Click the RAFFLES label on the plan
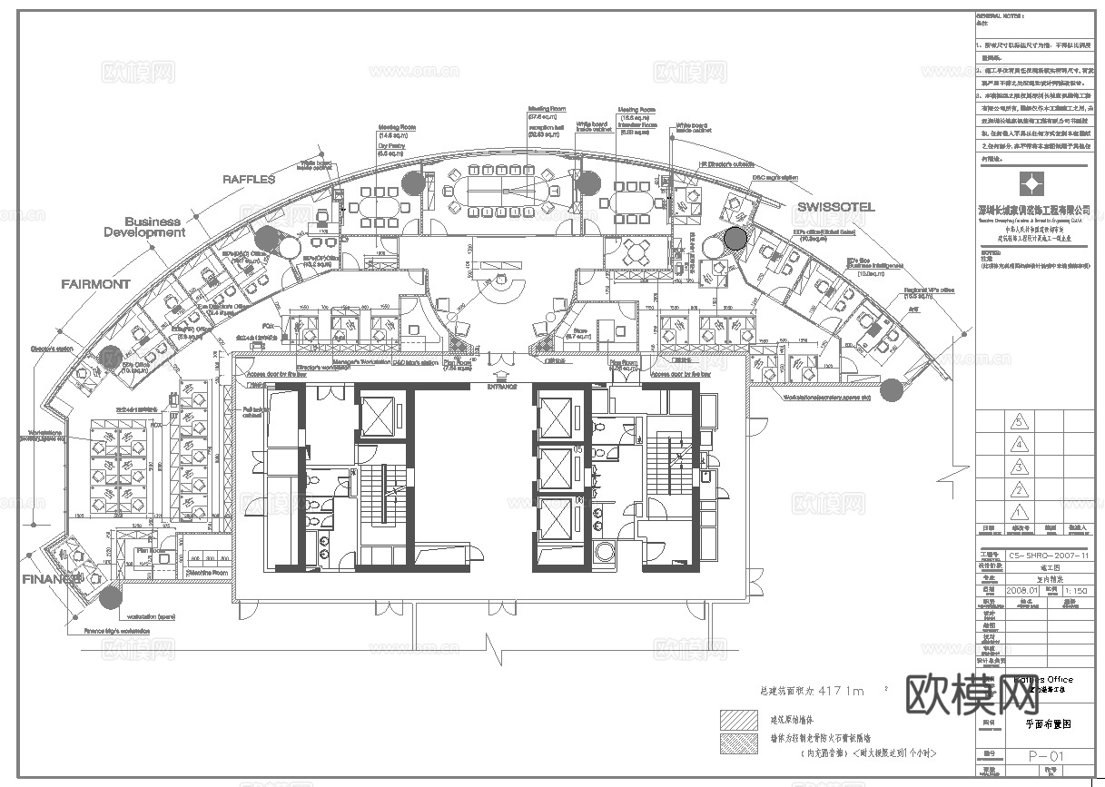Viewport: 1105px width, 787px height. pyautogui.click(x=249, y=180)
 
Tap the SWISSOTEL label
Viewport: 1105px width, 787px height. pyautogui.click(x=835, y=207)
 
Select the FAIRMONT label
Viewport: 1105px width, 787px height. pyautogui.click(x=95, y=284)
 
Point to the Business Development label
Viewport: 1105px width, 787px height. pyautogui.click(x=143, y=227)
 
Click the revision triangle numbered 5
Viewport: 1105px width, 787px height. pyautogui.click(x=1021, y=422)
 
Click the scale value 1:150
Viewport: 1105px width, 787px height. pyautogui.click(x=1073, y=590)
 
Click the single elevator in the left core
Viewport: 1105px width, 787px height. pyautogui.click(x=375, y=416)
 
